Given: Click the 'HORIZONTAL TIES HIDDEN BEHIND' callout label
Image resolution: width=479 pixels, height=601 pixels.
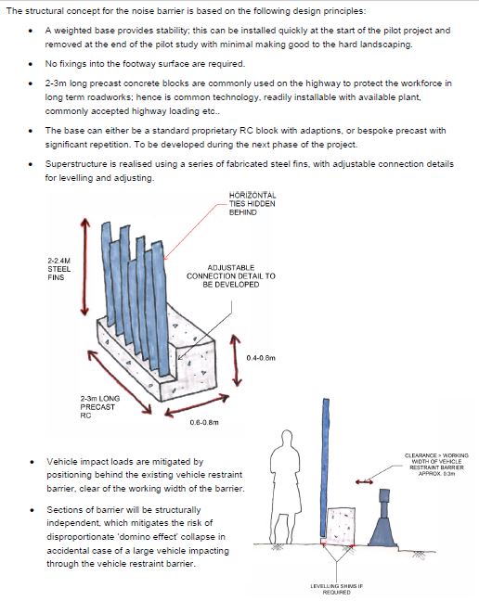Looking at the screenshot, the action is coord(252,203).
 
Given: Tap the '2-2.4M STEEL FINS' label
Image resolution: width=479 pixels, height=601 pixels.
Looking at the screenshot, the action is coord(59,269).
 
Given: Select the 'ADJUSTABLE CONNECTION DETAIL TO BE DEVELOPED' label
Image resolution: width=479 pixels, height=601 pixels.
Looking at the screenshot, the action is coord(231,276).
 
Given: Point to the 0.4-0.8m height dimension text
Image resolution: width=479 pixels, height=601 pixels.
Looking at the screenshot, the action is coord(261,358).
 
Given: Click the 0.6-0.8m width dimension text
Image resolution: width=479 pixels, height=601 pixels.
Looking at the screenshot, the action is coord(204,422).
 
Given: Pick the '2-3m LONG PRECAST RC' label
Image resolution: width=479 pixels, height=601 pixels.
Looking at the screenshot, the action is coord(99,406).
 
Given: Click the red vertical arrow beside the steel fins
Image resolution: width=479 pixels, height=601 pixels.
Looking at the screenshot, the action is coord(84,267).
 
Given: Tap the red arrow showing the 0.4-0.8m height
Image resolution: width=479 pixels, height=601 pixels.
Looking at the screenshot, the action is coord(236,361).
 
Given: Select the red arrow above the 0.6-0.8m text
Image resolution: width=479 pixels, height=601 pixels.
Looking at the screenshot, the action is coord(197,405).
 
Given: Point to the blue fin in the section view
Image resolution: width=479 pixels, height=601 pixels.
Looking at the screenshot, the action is coord(325,467).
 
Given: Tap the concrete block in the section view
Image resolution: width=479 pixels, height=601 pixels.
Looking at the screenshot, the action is coord(341,526).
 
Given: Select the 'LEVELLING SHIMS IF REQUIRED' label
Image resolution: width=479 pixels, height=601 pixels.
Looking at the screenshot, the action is coord(336,589).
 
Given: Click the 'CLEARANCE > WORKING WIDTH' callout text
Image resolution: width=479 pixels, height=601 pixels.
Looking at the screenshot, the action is coord(436,465).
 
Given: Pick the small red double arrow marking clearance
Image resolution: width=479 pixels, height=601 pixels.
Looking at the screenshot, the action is coord(364,481).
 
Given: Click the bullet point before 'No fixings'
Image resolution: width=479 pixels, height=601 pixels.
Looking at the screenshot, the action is coord(31,64).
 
